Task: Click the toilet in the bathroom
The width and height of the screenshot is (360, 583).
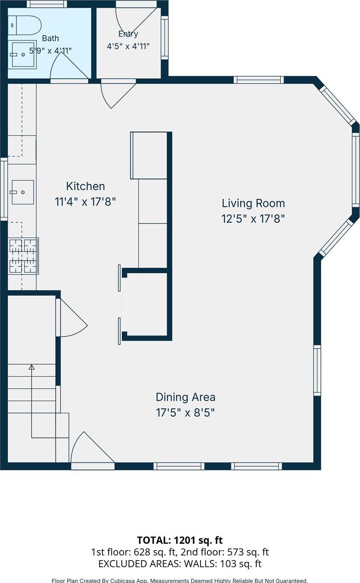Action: [x=24, y=25]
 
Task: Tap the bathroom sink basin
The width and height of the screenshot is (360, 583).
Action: [x=23, y=54]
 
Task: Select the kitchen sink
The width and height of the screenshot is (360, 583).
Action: [x=23, y=192]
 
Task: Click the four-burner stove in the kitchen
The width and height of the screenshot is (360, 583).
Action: [x=23, y=256]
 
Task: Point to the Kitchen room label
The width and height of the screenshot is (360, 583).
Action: [x=86, y=186]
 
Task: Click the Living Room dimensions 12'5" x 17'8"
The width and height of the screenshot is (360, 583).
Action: [x=253, y=219]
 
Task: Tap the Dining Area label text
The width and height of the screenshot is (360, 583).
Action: [x=185, y=397]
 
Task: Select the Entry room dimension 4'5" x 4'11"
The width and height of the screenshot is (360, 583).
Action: [x=128, y=46]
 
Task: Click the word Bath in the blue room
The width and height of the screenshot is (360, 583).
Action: [x=50, y=38]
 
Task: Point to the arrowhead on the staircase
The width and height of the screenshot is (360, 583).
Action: [x=32, y=367]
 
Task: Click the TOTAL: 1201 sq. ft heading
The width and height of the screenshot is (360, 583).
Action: [x=180, y=540]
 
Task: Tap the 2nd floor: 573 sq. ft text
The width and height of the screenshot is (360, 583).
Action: [x=225, y=552]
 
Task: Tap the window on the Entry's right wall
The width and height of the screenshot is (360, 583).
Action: [x=165, y=38]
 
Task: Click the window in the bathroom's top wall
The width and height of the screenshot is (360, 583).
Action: [x=47, y=4]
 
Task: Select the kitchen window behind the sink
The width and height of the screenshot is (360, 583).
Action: [x=4, y=189]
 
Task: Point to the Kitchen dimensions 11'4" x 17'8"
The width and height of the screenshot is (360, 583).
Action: [x=85, y=202]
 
